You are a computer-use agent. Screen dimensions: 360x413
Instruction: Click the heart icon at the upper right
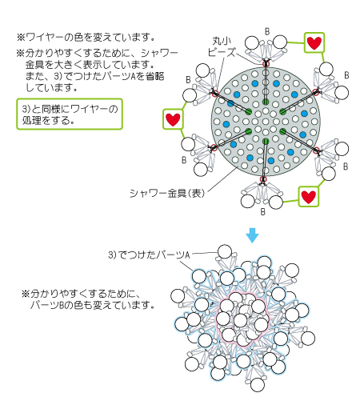[314, 42]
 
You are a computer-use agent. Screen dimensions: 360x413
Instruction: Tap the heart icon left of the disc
[173, 119]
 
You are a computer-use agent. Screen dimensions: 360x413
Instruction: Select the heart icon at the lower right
[309, 197]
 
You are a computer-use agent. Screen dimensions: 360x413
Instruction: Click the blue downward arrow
[252, 235]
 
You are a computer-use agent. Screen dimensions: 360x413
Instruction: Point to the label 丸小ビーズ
[222, 46]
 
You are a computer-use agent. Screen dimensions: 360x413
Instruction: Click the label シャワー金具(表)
[167, 193]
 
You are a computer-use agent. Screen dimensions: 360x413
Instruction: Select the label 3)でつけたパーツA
[149, 255]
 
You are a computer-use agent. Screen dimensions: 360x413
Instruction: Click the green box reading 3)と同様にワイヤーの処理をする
[70, 114]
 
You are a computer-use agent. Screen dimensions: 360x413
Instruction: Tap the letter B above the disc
[267, 31]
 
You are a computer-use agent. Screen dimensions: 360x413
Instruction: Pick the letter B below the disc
[263, 212]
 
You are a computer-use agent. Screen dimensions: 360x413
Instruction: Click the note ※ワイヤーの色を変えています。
[86, 38]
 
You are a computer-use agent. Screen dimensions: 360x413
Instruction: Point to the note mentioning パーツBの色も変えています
[88, 299]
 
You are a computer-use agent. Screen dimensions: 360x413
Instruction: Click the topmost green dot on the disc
[266, 102]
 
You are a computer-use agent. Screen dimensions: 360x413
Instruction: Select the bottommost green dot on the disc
[266, 141]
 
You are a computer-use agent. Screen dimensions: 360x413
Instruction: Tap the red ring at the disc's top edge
[266, 64]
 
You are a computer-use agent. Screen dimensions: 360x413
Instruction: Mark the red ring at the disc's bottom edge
[263, 179]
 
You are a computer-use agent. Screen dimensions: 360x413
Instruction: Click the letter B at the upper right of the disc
[346, 75]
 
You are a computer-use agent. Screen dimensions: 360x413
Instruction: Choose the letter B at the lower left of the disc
[184, 160]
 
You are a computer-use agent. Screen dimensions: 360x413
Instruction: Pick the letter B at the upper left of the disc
[188, 79]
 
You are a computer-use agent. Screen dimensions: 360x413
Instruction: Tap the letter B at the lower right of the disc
[346, 166]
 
